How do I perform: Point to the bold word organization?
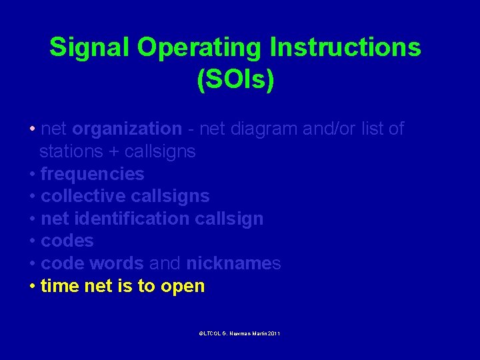coord(127,129)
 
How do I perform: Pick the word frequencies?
coord(92,174)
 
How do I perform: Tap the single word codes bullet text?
coord(67,241)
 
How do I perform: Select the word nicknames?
coord(233,263)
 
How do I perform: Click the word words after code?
coord(119,263)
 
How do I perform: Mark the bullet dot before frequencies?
coord(33,175)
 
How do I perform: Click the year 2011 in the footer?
coord(273,333)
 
